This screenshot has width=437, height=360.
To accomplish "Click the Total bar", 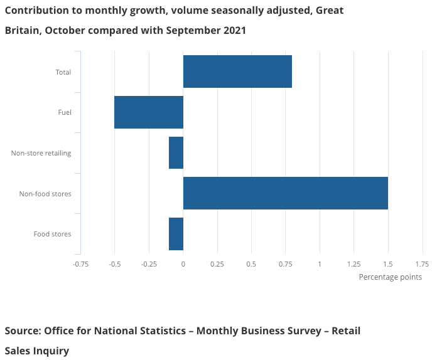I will [x=237, y=71].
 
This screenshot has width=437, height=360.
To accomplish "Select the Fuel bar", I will [x=149, y=112].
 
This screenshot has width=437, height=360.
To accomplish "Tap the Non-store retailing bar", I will [x=176, y=152].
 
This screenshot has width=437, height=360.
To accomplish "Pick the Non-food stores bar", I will [x=285, y=193].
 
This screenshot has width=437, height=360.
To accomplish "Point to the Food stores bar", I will [x=176, y=234].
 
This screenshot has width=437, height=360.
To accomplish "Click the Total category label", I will [x=63, y=72].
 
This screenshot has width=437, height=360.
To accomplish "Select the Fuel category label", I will [x=64, y=113].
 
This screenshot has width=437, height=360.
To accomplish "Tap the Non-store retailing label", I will [x=41, y=153].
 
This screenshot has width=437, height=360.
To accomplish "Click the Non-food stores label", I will [x=45, y=194].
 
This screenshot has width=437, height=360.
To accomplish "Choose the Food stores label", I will [x=52, y=235].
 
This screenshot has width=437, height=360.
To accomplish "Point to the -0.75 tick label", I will [x=80, y=264].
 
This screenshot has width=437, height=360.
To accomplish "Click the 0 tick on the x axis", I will [x=183, y=264].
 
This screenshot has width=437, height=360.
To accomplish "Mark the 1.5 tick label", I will [x=388, y=264].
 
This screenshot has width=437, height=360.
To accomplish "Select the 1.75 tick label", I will [x=422, y=264].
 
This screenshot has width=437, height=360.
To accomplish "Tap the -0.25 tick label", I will [x=149, y=264].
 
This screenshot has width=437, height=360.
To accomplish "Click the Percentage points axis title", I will [x=390, y=277].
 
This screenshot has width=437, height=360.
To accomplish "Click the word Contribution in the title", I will [x=37, y=11].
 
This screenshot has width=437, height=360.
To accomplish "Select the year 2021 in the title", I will [x=232, y=31].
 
